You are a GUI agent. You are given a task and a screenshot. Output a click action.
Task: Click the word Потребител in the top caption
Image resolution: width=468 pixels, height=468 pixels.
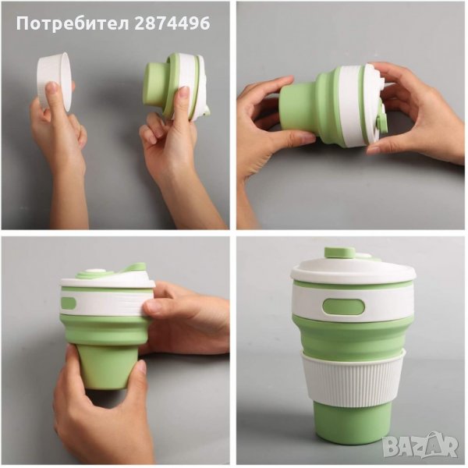73,24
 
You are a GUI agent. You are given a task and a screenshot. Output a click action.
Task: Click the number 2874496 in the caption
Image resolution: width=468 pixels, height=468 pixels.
172,23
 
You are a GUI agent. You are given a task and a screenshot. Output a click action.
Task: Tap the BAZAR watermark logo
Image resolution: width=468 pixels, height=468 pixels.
420,445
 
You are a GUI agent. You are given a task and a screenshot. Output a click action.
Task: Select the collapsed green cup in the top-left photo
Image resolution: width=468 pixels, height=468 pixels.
177,86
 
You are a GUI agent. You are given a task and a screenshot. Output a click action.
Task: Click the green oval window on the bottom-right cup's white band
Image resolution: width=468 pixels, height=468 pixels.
343,311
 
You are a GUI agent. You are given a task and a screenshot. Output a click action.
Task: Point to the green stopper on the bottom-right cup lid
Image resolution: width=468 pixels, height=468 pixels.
339,253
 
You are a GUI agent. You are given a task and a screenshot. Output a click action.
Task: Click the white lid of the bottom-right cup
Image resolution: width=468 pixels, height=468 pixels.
353,271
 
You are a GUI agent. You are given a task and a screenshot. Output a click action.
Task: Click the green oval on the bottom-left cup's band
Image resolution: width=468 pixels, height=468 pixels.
69,303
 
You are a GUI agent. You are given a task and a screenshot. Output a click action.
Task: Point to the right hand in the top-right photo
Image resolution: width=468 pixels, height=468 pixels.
418,112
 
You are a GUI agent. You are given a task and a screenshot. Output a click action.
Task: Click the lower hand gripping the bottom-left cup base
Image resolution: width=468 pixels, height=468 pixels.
98,412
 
